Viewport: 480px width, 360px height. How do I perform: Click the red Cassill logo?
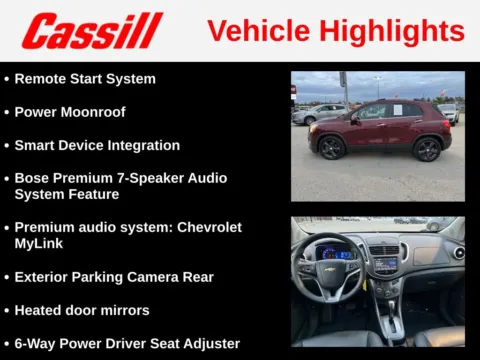point(92,31)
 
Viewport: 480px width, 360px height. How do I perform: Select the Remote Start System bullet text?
point(85,78)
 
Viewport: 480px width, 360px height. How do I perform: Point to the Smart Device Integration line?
point(97,145)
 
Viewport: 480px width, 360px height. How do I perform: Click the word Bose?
point(32,178)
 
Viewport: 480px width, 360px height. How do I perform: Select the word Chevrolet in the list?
point(209,227)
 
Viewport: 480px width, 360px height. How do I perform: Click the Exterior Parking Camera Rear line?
point(114,276)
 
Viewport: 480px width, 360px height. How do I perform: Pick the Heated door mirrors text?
point(82,310)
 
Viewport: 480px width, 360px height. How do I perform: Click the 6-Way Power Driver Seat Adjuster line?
point(127,343)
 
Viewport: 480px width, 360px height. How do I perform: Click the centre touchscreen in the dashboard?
point(385,265)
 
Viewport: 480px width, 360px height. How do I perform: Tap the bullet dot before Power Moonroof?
point(7,112)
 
